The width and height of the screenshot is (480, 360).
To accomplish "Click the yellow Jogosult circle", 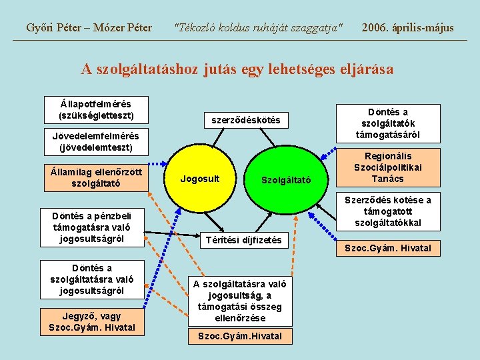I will pyautogui.click(x=200, y=179).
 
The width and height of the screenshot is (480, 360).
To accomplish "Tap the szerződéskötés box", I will pyautogui.click(x=245, y=120).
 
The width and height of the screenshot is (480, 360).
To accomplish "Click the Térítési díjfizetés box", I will pyautogui.click(x=243, y=239).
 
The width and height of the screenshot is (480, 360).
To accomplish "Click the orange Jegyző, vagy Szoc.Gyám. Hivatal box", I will pyautogui.click(x=92, y=321).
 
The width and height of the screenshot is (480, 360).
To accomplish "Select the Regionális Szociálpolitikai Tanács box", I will pyautogui.click(x=388, y=168).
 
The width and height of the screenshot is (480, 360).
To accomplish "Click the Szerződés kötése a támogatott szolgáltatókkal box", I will pyautogui.click(x=388, y=211).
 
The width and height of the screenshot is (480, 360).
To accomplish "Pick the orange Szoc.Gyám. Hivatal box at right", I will pyautogui.click(x=388, y=249).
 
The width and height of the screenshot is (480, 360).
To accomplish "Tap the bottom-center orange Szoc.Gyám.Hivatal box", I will pyautogui.click(x=241, y=336).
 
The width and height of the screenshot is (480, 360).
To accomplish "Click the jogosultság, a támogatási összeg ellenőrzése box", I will pyautogui.click(x=241, y=301).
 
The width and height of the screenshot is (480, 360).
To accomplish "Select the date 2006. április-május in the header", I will pyautogui.click(x=407, y=27).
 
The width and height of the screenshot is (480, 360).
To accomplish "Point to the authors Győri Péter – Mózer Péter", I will pyautogui.click(x=89, y=27).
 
